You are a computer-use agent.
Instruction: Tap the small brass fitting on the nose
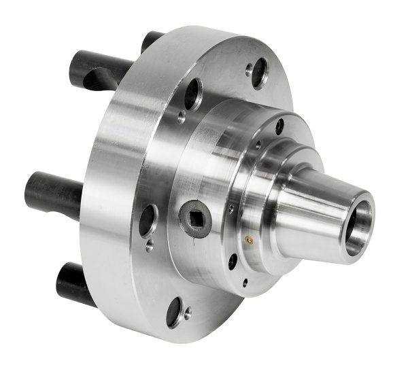249,239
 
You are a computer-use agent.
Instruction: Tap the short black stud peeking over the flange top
152,39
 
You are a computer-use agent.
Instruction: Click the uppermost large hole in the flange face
259,73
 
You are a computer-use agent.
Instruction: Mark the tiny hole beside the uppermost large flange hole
249,67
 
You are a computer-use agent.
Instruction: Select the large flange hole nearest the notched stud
192,93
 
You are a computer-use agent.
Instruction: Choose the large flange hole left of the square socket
148,221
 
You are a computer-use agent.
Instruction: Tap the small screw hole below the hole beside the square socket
149,247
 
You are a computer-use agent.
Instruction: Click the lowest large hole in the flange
175,311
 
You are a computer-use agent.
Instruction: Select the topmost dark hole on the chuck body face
279,126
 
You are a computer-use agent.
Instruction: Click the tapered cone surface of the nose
313,211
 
